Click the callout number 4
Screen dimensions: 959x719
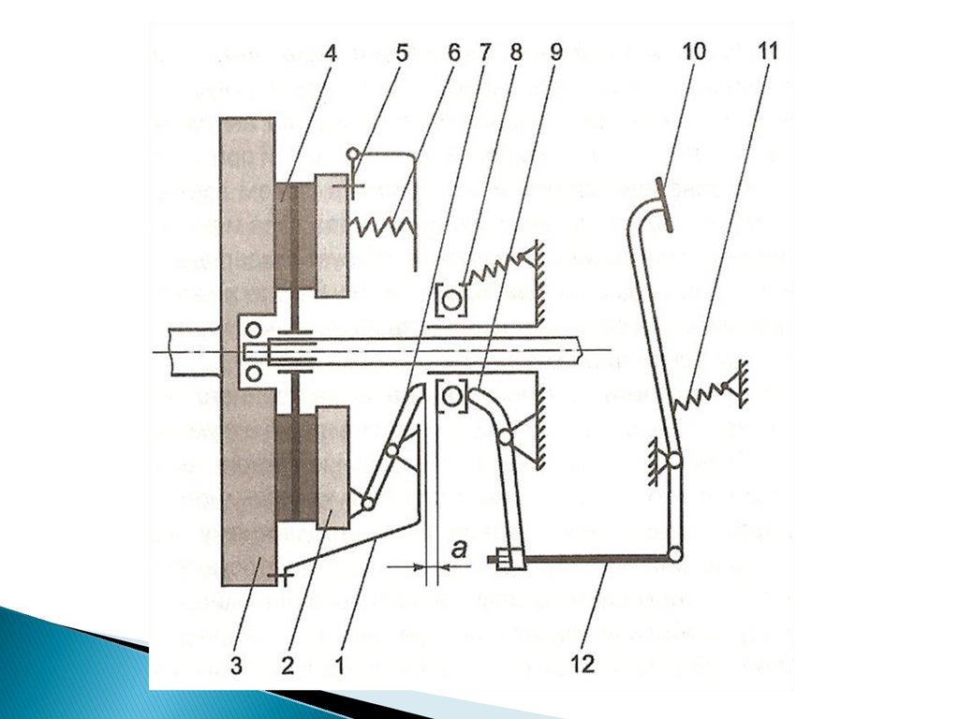click(x=330, y=52)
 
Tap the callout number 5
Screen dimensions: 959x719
click(x=401, y=52)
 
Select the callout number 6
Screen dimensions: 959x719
click(x=453, y=52)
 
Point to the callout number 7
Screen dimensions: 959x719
click(x=484, y=52)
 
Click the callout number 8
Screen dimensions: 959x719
click(x=516, y=52)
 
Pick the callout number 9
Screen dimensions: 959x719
click(x=555, y=52)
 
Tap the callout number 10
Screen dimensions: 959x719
click(x=694, y=52)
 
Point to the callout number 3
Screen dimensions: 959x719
click(x=235, y=665)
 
